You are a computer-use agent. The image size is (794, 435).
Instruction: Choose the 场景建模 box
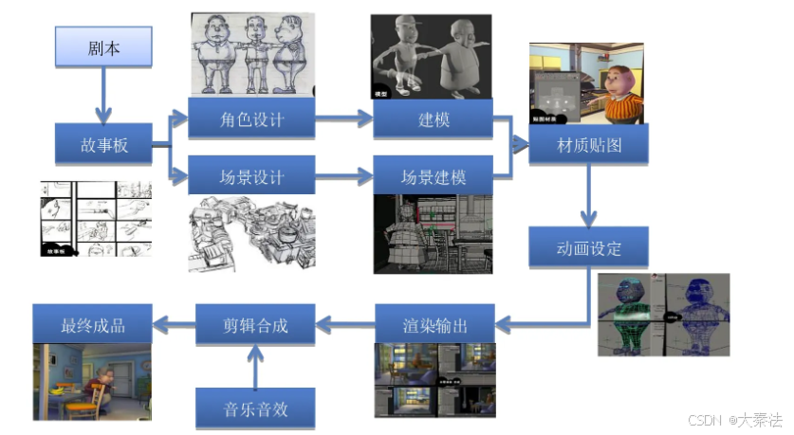432,176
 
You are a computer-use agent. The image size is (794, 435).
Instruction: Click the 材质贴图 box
588,144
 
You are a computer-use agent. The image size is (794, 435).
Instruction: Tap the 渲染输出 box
434,325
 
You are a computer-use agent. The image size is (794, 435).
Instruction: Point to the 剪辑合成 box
254,325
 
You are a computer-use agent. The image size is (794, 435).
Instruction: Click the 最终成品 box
92,325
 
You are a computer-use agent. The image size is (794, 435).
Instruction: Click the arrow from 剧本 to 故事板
103,95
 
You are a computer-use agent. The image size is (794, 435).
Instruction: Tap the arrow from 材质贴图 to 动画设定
588,195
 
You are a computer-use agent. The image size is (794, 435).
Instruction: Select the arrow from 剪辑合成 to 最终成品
173,325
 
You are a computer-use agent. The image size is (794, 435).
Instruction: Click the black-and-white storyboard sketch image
95,219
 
